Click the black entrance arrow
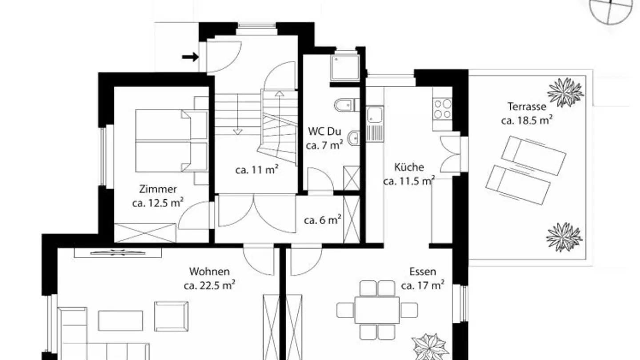190,57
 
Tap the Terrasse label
527,107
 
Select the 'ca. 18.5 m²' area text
527,120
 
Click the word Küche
409,167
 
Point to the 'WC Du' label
324,132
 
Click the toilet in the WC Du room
344,105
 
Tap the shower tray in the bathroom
345,68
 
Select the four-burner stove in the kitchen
442,108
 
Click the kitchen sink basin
375,115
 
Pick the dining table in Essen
377,310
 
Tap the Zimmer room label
158,189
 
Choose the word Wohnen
209,272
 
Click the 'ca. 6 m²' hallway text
323,220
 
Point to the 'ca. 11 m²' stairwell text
257,170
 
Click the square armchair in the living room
171,316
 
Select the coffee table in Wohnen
120,320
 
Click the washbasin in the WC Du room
354,138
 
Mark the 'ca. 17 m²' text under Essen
423,285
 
